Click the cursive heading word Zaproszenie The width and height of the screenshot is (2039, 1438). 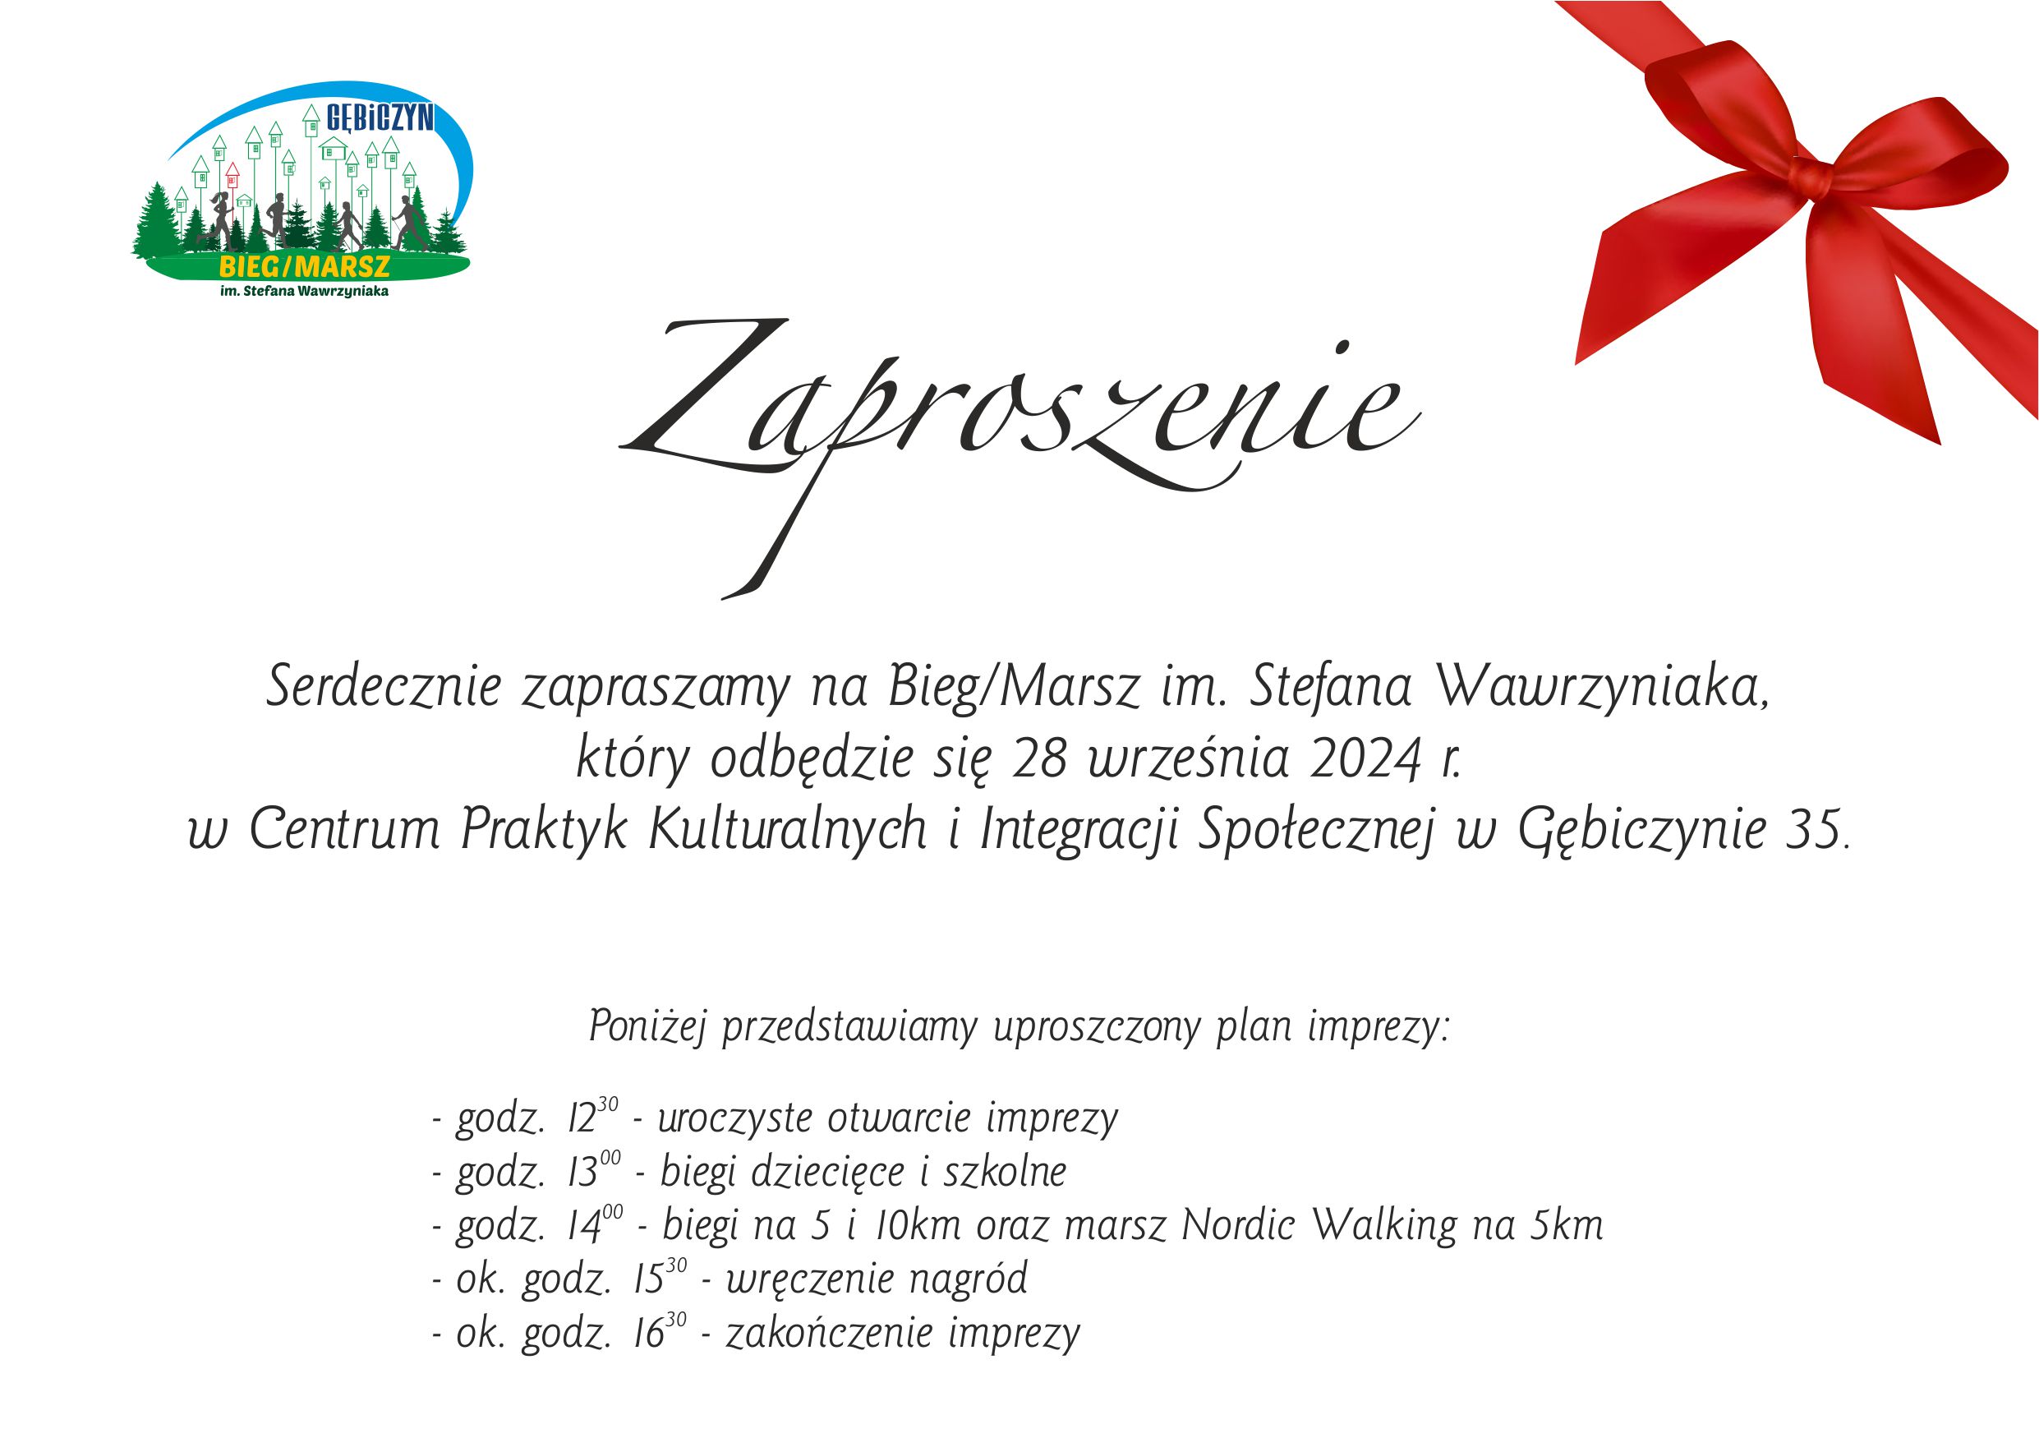click(x=1019, y=417)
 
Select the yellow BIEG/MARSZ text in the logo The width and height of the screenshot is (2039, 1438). click(x=305, y=266)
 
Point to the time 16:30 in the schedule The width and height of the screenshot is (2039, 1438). click(x=660, y=1330)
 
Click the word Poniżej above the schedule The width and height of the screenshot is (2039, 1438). click(x=647, y=1027)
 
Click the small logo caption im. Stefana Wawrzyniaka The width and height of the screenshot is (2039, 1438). click(x=305, y=290)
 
